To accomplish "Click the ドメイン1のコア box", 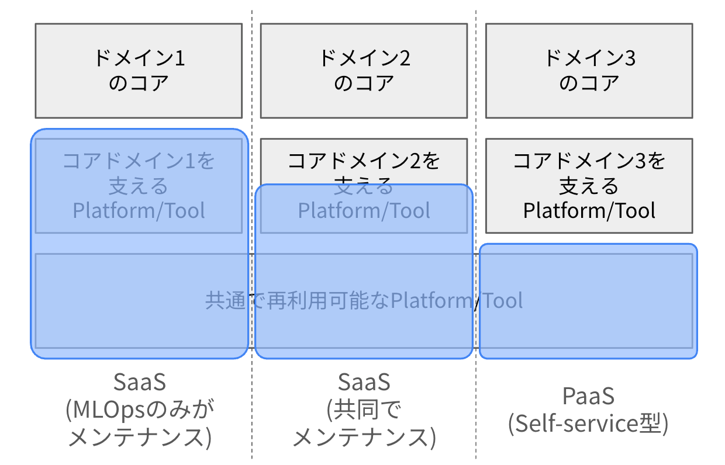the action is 139,71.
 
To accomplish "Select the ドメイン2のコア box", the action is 364,71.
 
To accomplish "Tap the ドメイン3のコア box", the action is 589,71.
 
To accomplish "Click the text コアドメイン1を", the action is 139,161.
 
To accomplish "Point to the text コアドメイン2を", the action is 364,161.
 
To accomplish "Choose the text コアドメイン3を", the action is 589,161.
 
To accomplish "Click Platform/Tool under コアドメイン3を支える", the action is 589,210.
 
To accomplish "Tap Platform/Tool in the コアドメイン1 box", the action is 139,210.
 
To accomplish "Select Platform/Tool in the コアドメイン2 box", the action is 364,210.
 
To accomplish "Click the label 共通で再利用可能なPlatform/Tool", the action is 364,300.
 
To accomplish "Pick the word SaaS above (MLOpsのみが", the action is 140,382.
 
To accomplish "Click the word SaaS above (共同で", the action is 364,382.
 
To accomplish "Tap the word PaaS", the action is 588,396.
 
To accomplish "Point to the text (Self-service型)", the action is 588,424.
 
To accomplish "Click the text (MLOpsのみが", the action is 140,410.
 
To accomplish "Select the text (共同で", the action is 364,410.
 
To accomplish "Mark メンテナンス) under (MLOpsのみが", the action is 140,437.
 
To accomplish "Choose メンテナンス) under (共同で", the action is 364,437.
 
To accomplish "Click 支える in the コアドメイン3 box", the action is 589,186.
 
